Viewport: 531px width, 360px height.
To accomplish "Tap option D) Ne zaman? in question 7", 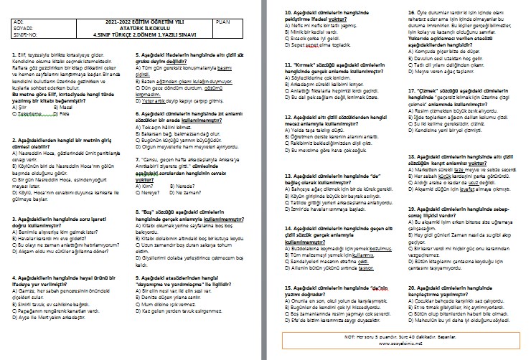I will [184, 192].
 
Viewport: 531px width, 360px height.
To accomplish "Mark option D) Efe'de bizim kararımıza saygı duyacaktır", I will [315, 302].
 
